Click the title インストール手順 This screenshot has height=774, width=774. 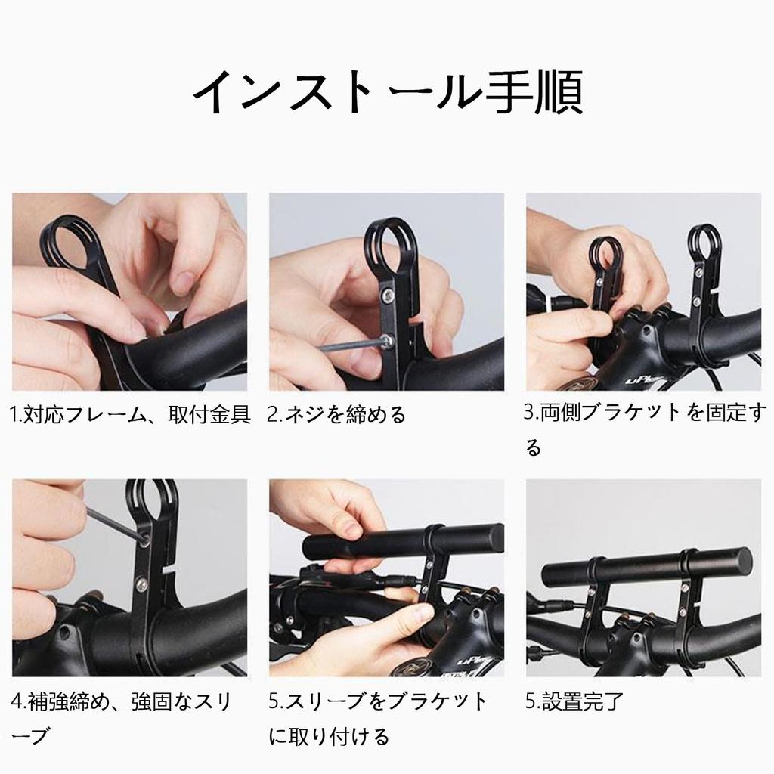click(x=388, y=92)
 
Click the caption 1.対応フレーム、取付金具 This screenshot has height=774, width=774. click(x=130, y=415)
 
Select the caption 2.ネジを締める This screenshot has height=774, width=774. click(x=336, y=415)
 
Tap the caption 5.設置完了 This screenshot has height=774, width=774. click(x=574, y=701)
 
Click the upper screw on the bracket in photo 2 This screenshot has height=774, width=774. click(x=389, y=296)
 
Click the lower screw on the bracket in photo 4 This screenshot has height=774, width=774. click(x=141, y=585)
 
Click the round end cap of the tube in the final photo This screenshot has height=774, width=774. click(x=741, y=562)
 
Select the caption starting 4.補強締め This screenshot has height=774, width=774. click(x=121, y=719)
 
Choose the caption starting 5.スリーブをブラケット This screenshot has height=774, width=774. click(x=378, y=719)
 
